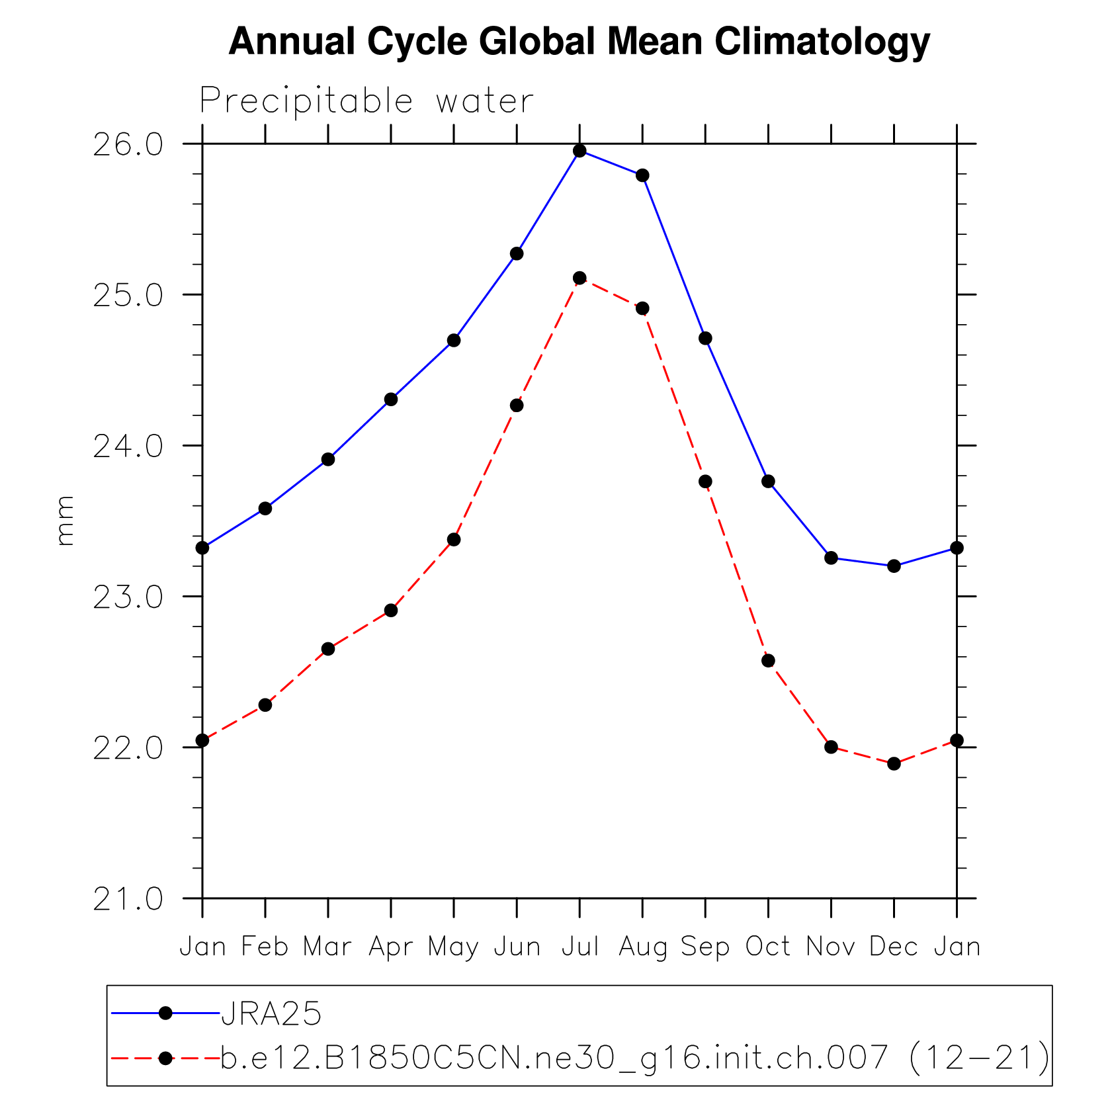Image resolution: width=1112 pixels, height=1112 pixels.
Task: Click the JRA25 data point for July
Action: point(579,151)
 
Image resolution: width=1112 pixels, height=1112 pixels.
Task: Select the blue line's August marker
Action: point(642,175)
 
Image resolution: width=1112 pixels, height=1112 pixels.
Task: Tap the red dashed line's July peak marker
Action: point(579,278)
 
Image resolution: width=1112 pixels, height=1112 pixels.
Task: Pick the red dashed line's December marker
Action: point(894,763)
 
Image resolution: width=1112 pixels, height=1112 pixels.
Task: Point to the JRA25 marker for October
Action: point(768,481)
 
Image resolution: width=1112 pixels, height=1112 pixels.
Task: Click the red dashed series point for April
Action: point(391,610)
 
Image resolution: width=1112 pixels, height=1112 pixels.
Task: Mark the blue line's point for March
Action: point(328,459)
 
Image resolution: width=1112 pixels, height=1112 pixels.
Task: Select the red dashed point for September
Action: point(705,481)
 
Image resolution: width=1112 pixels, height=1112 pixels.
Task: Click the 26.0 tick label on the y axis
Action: point(128,145)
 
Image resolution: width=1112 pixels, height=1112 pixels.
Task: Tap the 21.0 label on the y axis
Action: point(128,900)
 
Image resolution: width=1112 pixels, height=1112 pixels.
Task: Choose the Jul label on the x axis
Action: point(580,947)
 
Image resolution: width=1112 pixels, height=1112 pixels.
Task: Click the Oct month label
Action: point(768,947)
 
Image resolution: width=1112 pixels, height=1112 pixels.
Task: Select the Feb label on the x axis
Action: point(265,947)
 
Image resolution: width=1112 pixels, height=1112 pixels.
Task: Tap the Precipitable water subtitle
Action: point(366,101)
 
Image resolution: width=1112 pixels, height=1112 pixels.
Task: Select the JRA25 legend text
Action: point(271,1013)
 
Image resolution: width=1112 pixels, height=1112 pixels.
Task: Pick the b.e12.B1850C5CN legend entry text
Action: point(635,1057)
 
